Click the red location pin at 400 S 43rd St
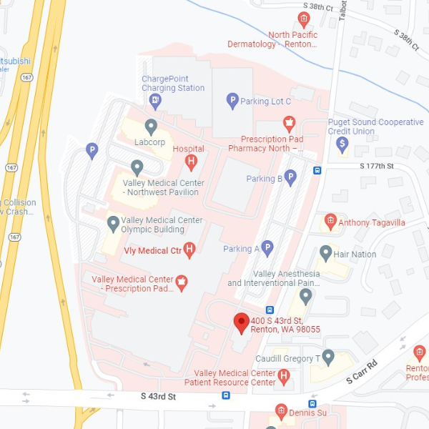[x=241, y=322]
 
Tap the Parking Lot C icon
[x=232, y=101]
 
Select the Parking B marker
[x=290, y=178]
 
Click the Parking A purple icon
[x=267, y=248]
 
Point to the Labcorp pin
[x=151, y=127]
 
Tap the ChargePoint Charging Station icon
[x=155, y=102]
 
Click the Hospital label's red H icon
[x=191, y=162]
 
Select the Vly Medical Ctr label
[x=152, y=250]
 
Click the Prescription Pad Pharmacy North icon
[x=289, y=123]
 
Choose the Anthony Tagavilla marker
[x=330, y=222]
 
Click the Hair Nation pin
[x=326, y=252]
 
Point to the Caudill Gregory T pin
[x=328, y=356]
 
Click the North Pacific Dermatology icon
[x=304, y=19]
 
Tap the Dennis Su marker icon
[x=281, y=411]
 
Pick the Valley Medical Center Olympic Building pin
[x=113, y=225]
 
